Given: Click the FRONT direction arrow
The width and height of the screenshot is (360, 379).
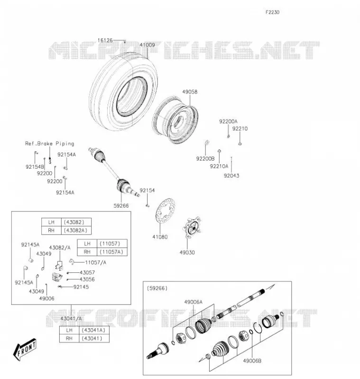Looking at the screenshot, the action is (x=25, y=349).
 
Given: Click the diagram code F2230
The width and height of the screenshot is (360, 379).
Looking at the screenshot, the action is (x=272, y=12).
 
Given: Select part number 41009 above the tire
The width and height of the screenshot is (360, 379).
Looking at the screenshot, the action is (x=147, y=45).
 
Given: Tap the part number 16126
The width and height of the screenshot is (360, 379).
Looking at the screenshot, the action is (x=105, y=40).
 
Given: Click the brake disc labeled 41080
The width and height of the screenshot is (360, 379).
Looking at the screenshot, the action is (x=165, y=211).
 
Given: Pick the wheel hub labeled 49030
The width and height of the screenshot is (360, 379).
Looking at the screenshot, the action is (x=193, y=227).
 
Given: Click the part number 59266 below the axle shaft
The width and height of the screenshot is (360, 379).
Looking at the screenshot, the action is (x=121, y=206).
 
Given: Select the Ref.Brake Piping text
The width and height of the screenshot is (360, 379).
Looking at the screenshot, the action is (x=50, y=144).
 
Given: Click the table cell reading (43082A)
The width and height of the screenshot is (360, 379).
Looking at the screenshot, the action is (x=75, y=230).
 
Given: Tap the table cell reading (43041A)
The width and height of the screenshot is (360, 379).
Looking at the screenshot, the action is (x=93, y=330).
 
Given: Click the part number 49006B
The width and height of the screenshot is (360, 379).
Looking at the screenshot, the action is (x=252, y=361).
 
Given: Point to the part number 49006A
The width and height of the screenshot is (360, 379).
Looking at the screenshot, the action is (x=194, y=302).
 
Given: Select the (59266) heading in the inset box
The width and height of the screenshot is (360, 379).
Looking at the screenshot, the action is (x=157, y=288).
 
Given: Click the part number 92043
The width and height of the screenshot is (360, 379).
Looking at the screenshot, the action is (x=231, y=175).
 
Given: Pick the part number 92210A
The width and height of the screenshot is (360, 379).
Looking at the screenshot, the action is (x=219, y=166).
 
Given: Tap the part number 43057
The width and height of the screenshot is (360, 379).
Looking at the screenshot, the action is (x=87, y=272).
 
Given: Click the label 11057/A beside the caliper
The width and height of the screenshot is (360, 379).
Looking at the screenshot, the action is (x=95, y=262).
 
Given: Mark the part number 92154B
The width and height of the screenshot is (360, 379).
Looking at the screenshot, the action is (x=35, y=167).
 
